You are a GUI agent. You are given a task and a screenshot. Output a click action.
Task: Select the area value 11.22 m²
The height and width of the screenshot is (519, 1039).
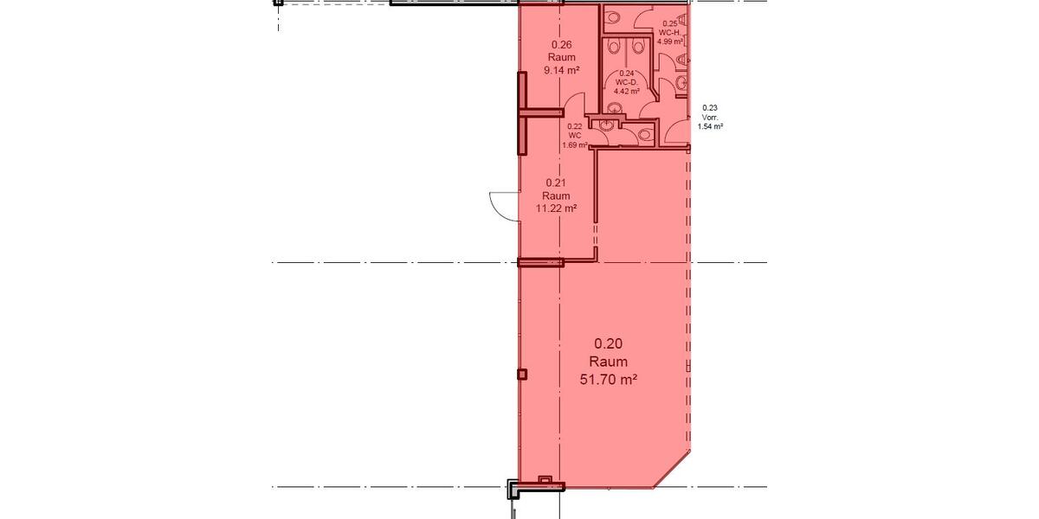(556, 208)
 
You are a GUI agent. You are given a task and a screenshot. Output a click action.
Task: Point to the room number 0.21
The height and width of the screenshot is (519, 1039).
(556, 183)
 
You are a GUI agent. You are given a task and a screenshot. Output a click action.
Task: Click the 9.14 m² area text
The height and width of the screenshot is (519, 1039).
(561, 71)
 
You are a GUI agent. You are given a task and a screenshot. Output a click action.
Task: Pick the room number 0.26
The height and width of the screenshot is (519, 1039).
(561, 45)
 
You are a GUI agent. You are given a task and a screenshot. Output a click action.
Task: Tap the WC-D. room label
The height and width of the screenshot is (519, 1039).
(627, 81)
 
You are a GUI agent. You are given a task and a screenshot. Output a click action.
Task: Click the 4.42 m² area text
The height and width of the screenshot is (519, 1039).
(627, 90)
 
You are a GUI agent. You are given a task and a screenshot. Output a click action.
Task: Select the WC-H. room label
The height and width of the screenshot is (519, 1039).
(670, 32)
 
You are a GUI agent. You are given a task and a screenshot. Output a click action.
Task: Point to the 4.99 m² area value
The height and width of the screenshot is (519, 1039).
(670, 41)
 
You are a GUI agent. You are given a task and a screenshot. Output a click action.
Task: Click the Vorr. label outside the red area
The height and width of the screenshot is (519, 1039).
(710, 117)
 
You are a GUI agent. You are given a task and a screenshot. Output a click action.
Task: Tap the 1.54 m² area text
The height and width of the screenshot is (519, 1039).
(710, 125)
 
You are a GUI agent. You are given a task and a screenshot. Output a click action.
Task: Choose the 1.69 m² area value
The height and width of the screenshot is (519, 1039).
(574, 144)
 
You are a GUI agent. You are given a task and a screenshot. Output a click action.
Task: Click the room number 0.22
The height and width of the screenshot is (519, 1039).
(574, 127)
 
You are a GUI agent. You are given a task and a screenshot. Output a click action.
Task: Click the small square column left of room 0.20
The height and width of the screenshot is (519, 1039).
(521, 374)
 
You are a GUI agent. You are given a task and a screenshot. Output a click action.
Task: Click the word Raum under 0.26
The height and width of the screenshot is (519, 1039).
(561, 58)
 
